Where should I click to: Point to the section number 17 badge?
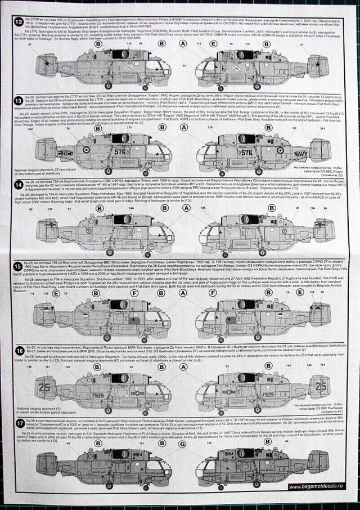20,422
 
